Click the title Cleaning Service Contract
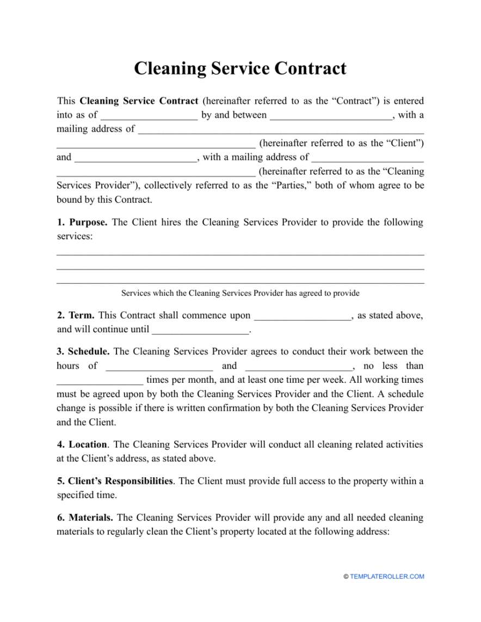click(x=240, y=69)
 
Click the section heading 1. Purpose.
click(x=82, y=222)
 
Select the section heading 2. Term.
click(x=76, y=315)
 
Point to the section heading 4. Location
click(x=82, y=445)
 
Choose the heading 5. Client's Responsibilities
click(x=115, y=481)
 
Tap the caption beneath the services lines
click(x=240, y=294)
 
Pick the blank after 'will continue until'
click(x=201, y=330)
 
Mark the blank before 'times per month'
click(x=100, y=381)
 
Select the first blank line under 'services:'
click(x=240, y=254)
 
